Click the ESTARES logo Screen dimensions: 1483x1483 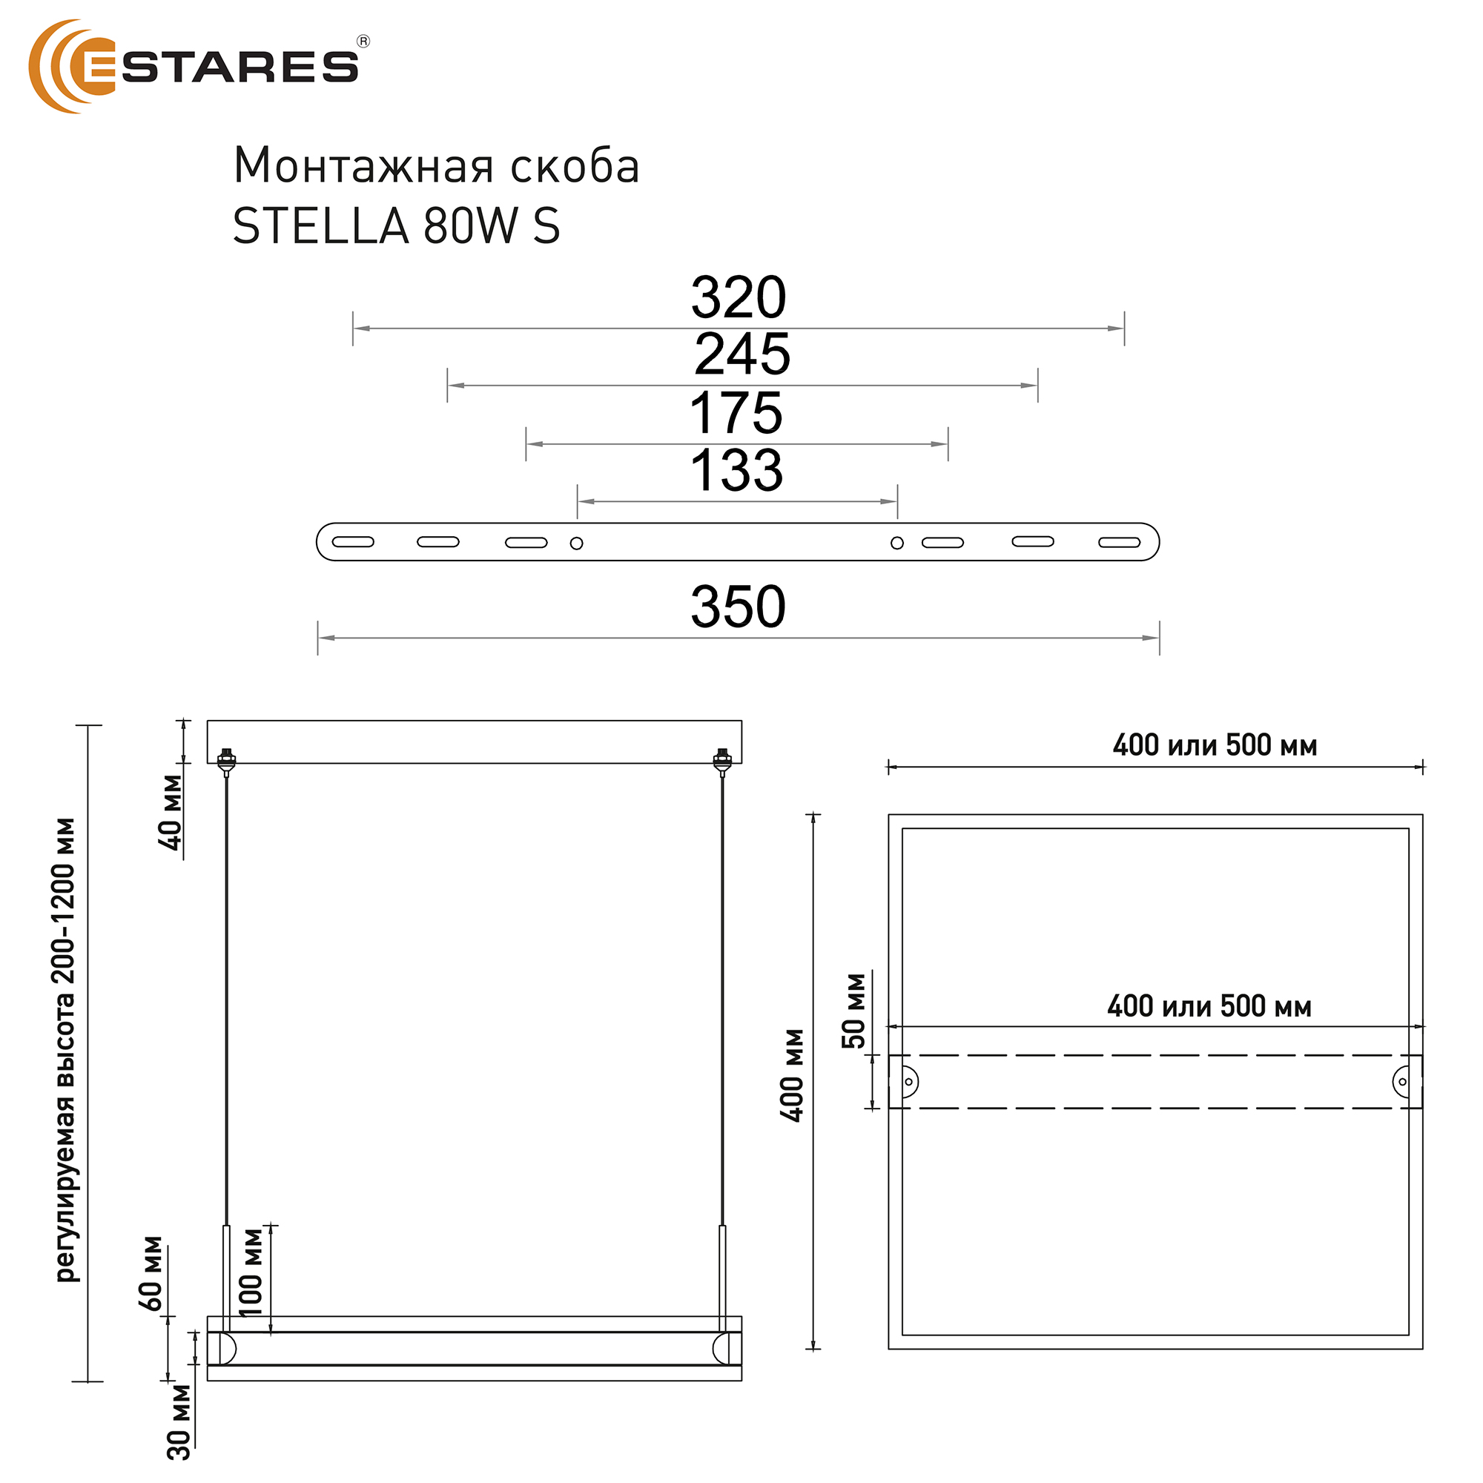(196, 67)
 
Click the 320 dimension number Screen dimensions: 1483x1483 (739, 298)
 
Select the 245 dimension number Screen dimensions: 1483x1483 (741, 354)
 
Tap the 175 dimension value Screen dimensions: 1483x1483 (736, 414)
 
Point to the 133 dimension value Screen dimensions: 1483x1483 (736, 471)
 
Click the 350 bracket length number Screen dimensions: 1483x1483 (738, 607)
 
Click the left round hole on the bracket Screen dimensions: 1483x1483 (576, 544)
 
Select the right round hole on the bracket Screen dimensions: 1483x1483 (896, 544)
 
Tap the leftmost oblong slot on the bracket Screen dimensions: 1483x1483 (353, 542)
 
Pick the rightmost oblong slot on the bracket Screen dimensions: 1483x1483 (1119, 543)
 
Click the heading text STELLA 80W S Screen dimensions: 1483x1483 (396, 227)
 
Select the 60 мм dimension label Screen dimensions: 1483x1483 (151, 1273)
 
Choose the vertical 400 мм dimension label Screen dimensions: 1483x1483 (792, 1075)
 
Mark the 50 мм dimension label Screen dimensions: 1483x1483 (853, 1010)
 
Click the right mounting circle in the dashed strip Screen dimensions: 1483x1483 (1401, 1082)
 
